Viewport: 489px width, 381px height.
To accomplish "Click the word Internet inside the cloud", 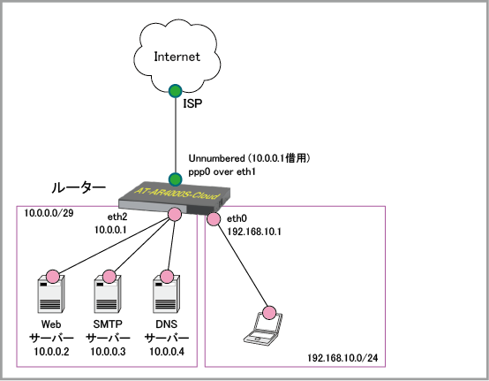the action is pos(177,57).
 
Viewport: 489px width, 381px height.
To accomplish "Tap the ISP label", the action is pos(192,103).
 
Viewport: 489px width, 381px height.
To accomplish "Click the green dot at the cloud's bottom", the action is pos(176,91).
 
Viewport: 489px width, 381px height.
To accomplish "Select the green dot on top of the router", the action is pos(176,179).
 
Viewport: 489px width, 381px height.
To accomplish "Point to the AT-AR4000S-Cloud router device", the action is pos(175,198).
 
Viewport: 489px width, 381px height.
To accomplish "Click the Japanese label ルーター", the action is pos(79,187).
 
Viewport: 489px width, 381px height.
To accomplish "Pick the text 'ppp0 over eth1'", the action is pos(222,171).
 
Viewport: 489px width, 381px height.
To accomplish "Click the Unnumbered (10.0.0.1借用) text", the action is pos(249,158).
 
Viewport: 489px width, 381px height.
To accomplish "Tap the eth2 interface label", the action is pos(117,217).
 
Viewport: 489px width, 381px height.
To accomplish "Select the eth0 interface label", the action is pos(237,218).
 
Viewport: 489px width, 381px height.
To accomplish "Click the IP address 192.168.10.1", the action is pos(254,232).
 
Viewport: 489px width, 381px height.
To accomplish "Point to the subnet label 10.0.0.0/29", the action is pos(49,213).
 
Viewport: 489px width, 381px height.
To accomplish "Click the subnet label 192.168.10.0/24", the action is pos(342,358).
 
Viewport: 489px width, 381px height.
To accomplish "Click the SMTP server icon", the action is pos(108,293).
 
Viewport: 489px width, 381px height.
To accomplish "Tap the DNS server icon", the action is pos(166,293).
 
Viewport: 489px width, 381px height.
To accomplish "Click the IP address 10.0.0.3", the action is pos(108,352).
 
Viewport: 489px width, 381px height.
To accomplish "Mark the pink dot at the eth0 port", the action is pos(214,219).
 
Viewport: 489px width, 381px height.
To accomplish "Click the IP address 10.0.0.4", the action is pos(167,352).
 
